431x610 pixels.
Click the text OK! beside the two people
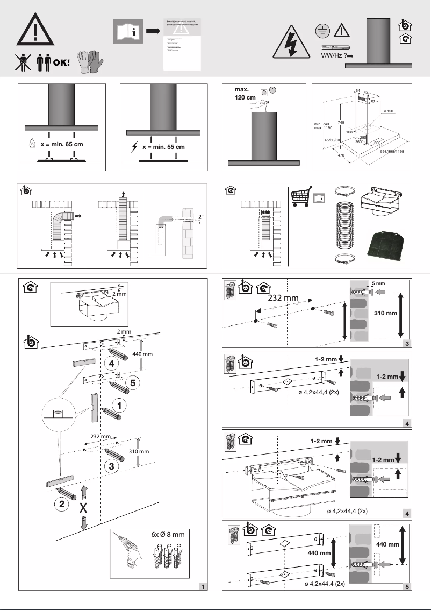click(61, 62)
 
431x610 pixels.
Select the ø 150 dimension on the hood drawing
click(389, 111)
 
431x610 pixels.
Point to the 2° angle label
click(200, 217)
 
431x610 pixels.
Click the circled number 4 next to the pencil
click(111, 364)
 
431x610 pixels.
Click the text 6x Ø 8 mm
click(167, 535)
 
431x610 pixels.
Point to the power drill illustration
click(130, 559)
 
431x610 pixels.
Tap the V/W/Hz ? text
click(333, 55)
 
